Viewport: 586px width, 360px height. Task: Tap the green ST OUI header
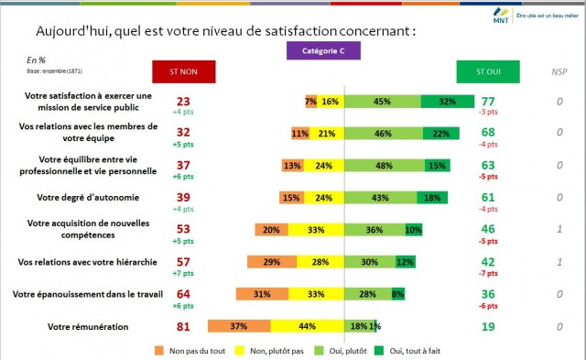487,71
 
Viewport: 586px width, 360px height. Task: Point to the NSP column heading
559,71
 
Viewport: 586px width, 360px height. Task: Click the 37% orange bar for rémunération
239,326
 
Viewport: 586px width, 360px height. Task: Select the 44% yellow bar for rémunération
307,326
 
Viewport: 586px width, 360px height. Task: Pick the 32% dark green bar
448,102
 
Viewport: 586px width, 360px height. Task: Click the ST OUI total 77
487,100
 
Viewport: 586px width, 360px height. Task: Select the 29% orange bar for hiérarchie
272,262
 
